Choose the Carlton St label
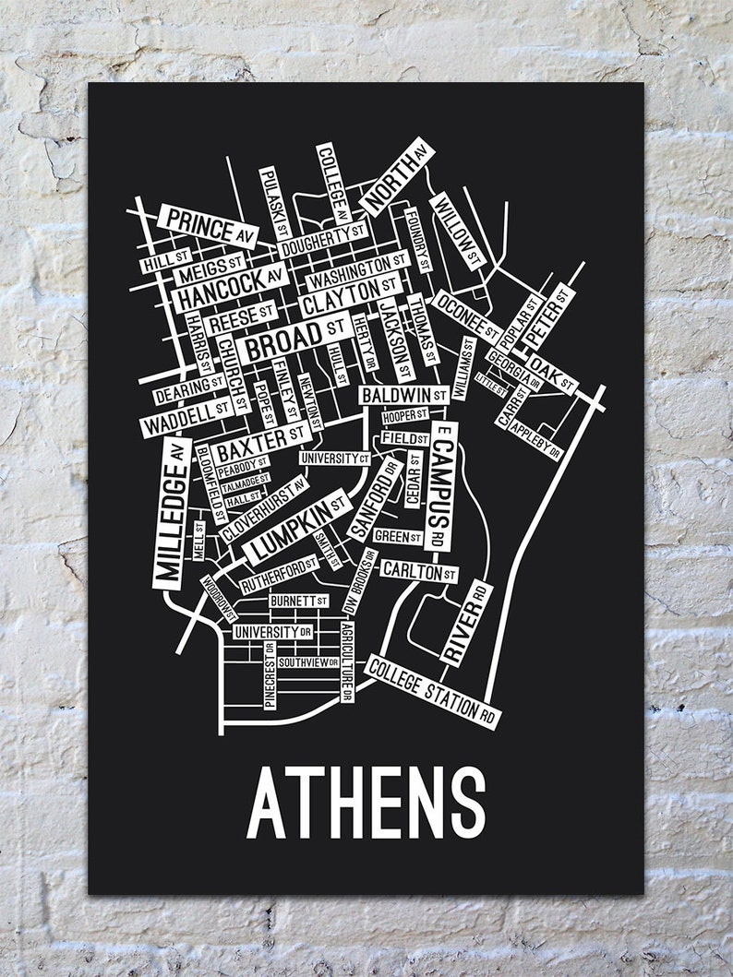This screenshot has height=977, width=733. pos(418,571)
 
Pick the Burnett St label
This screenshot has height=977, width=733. pos(298,602)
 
